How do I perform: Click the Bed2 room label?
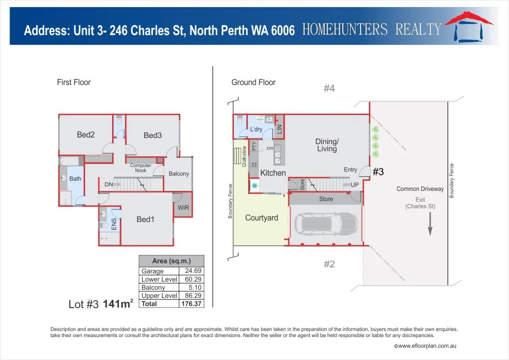tap(86, 135)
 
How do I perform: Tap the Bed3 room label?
tap(152, 135)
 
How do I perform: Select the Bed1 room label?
tap(145, 219)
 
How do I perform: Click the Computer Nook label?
tap(141, 168)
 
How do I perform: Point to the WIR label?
tap(183, 208)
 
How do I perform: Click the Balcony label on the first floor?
tap(179, 174)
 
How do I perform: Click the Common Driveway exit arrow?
tap(430, 224)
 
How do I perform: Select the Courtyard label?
tap(261, 218)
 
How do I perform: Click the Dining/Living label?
tap(327, 145)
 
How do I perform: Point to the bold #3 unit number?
tap(378, 172)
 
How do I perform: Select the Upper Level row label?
tap(159, 296)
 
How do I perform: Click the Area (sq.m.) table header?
tap(171, 261)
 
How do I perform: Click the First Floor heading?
tap(74, 82)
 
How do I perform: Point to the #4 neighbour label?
tap(329, 89)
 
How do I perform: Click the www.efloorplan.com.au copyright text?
tap(424, 346)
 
